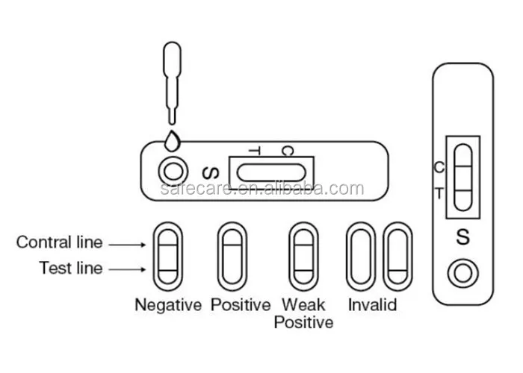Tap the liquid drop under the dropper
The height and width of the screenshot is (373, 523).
coord(173,140)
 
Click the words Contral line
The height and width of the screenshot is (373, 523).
coord(59,242)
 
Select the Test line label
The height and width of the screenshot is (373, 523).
coord(71,269)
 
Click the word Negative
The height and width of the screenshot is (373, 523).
coord(168,305)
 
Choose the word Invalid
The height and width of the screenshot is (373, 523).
coord(372,305)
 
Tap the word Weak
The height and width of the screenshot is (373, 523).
coord(303,305)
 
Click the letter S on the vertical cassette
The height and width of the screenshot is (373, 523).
coord(462,238)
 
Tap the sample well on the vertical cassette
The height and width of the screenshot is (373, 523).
coord(462,273)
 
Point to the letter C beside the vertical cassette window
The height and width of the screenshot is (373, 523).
coord(439,166)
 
